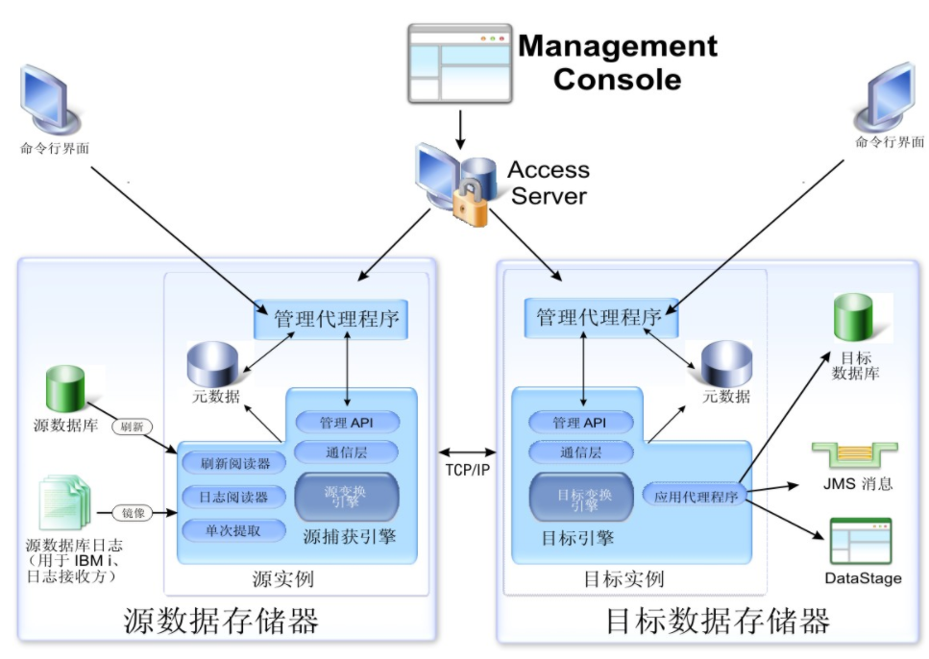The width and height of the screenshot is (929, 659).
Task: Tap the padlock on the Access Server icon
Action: point(470,205)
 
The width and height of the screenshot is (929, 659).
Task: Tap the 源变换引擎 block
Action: point(346,497)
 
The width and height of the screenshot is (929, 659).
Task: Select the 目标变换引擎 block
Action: point(581,497)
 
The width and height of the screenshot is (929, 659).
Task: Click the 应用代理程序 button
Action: point(696,497)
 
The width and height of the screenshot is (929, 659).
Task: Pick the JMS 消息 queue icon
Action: point(854,456)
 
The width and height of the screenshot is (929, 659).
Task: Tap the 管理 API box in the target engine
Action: point(581,423)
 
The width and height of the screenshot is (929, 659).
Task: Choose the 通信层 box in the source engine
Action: point(346,451)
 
